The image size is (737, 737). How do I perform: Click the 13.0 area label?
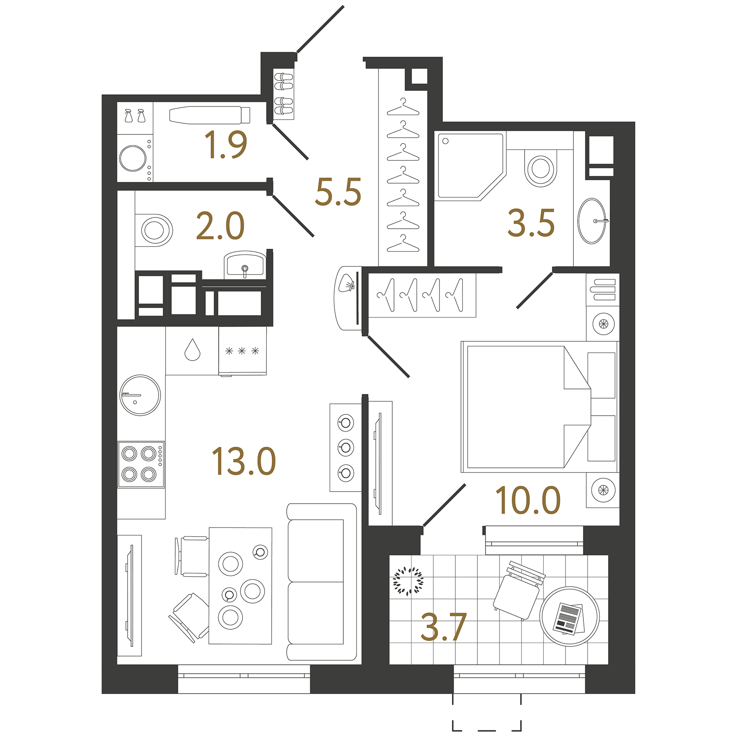(x=244, y=461)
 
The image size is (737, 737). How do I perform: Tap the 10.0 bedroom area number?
(x=528, y=500)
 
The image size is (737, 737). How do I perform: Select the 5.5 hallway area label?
(x=338, y=192)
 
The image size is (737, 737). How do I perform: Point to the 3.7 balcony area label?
(x=443, y=627)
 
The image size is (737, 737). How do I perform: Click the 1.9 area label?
(x=226, y=145)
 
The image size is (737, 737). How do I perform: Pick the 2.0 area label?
(x=220, y=226)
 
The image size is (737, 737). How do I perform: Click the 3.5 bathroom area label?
(x=531, y=223)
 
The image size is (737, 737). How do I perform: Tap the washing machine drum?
(x=133, y=158)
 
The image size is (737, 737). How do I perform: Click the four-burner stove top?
(x=141, y=464)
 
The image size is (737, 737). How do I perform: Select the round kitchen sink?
(x=140, y=395)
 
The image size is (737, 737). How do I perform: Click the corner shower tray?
(x=467, y=166)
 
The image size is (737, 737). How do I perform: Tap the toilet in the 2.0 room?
(x=154, y=230)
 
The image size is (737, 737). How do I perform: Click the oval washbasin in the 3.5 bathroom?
(x=591, y=221)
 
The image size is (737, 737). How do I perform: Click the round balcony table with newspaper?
(x=569, y=616)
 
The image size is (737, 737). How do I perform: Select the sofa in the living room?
(x=321, y=582)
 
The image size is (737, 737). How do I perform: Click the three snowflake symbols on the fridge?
(x=242, y=351)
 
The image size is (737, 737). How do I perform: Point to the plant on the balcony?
(x=408, y=581)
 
